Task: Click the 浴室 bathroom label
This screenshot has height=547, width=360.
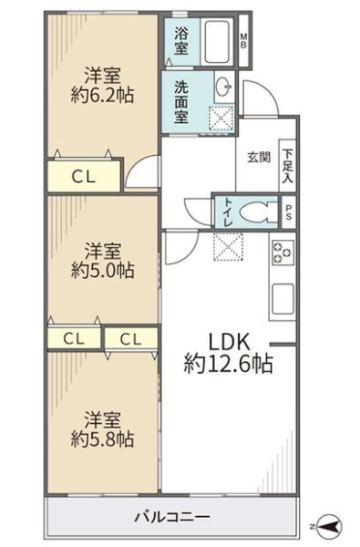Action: pyautogui.click(x=181, y=41)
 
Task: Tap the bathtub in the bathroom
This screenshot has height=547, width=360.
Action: pyautogui.click(x=217, y=42)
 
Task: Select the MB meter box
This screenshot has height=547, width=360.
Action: pyautogui.click(x=244, y=40)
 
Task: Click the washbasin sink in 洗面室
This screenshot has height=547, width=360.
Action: pyautogui.click(x=223, y=87)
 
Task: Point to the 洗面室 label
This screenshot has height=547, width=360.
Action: pyautogui.click(x=181, y=102)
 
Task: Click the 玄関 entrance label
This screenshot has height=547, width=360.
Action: pyautogui.click(x=259, y=158)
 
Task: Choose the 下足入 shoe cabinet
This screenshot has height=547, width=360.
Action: pyautogui.click(x=288, y=166)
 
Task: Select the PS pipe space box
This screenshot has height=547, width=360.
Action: pyautogui.click(x=289, y=212)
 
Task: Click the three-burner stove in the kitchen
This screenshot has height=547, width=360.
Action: pyautogui.click(x=283, y=252)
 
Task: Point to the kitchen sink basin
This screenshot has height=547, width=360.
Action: pyautogui.click(x=283, y=299)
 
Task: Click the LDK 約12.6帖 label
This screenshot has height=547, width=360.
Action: pyautogui.click(x=229, y=353)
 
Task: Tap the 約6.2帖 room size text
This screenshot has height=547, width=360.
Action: pyautogui.click(x=103, y=95)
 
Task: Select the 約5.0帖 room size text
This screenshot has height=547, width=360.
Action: pyautogui.click(x=103, y=271)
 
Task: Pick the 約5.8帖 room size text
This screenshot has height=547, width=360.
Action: pyautogui.click(x=103, y=439)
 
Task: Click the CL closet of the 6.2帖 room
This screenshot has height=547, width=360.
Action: pyautogui.click(x=84, y=177)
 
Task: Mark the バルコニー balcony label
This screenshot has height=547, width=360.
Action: pyautogui.click(x=172, y=516)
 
